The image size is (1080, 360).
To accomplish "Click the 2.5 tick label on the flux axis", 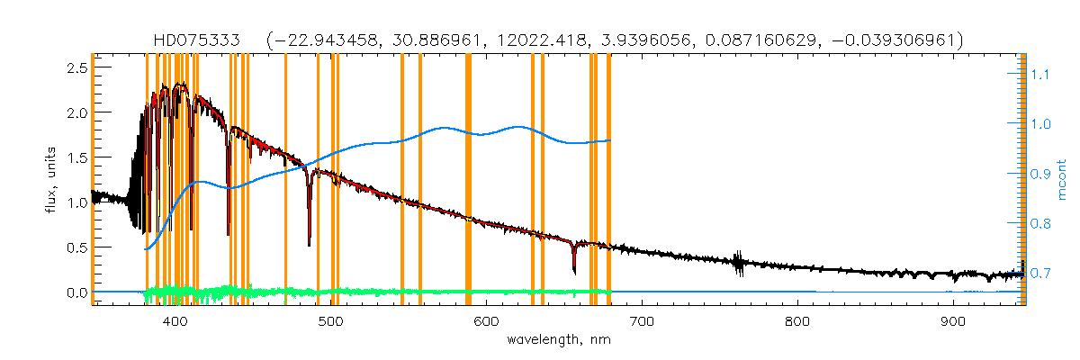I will [76, 68].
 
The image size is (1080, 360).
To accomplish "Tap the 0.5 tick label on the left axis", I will [76, 247].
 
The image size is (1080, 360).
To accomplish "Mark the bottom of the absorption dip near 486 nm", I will [310, 244].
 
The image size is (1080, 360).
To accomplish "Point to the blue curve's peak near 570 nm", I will [445, 128].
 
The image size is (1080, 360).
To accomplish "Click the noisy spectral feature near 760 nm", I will [738, 263].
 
